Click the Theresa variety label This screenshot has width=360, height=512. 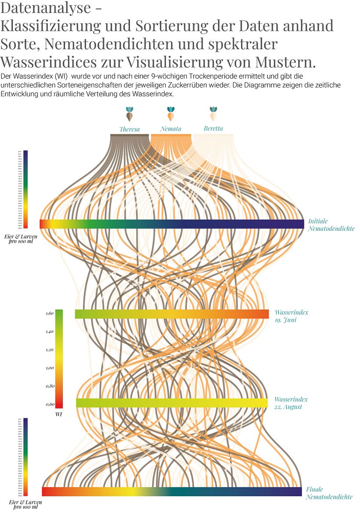(x=130, y=129)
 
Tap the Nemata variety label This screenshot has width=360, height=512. (x=170, y=129)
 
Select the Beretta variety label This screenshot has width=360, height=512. (x=213, y=128)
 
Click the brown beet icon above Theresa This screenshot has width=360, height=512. (x=130, y=114)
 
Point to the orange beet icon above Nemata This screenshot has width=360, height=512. (x=171, y=114)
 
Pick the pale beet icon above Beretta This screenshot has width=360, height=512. (x=213, y=114)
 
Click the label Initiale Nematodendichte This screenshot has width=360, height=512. (x=331, y=225)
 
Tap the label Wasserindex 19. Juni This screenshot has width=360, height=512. (x=292, y=316)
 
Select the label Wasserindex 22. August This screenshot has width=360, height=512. (x=291, y=403)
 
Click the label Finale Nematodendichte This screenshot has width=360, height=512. (x=329, y=493)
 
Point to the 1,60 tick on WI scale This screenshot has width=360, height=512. (x=49, y=313)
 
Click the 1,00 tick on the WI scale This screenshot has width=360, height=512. (x=49, y=368)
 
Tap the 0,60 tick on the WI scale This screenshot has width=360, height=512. (x=49, y=404)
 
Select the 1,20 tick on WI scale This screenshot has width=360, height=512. (x=49, y=350)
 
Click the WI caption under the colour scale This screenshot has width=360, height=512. (x=58, y=414)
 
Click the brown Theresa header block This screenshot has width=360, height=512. (x=130, y=137)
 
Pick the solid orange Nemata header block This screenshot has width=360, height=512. (x=171, y=137)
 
